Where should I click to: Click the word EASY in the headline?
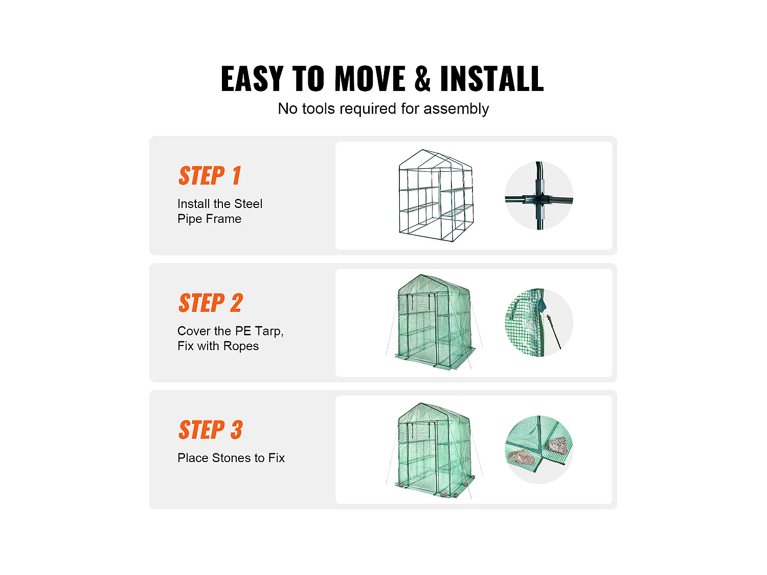252,79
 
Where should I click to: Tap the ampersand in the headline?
422,79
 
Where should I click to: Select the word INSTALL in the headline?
492,79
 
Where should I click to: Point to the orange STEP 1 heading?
210,175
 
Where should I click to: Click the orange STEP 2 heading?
211,303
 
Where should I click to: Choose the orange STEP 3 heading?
211,430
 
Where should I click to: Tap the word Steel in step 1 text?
248,203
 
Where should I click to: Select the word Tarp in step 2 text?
269,331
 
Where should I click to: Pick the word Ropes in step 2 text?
241,346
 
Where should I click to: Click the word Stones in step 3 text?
231,457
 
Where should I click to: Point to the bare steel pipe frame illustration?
436,196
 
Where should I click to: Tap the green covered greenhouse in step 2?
435,322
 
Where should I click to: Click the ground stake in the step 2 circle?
554,332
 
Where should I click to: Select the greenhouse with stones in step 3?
435,450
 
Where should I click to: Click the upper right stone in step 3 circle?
557,446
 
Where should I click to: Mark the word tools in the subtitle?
319,108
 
